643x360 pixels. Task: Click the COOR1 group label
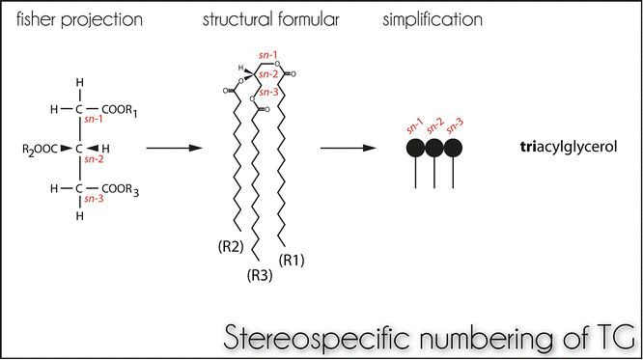point(120,112)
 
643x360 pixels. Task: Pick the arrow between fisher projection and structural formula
point(174,149)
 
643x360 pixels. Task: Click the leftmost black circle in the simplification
point(416,149)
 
